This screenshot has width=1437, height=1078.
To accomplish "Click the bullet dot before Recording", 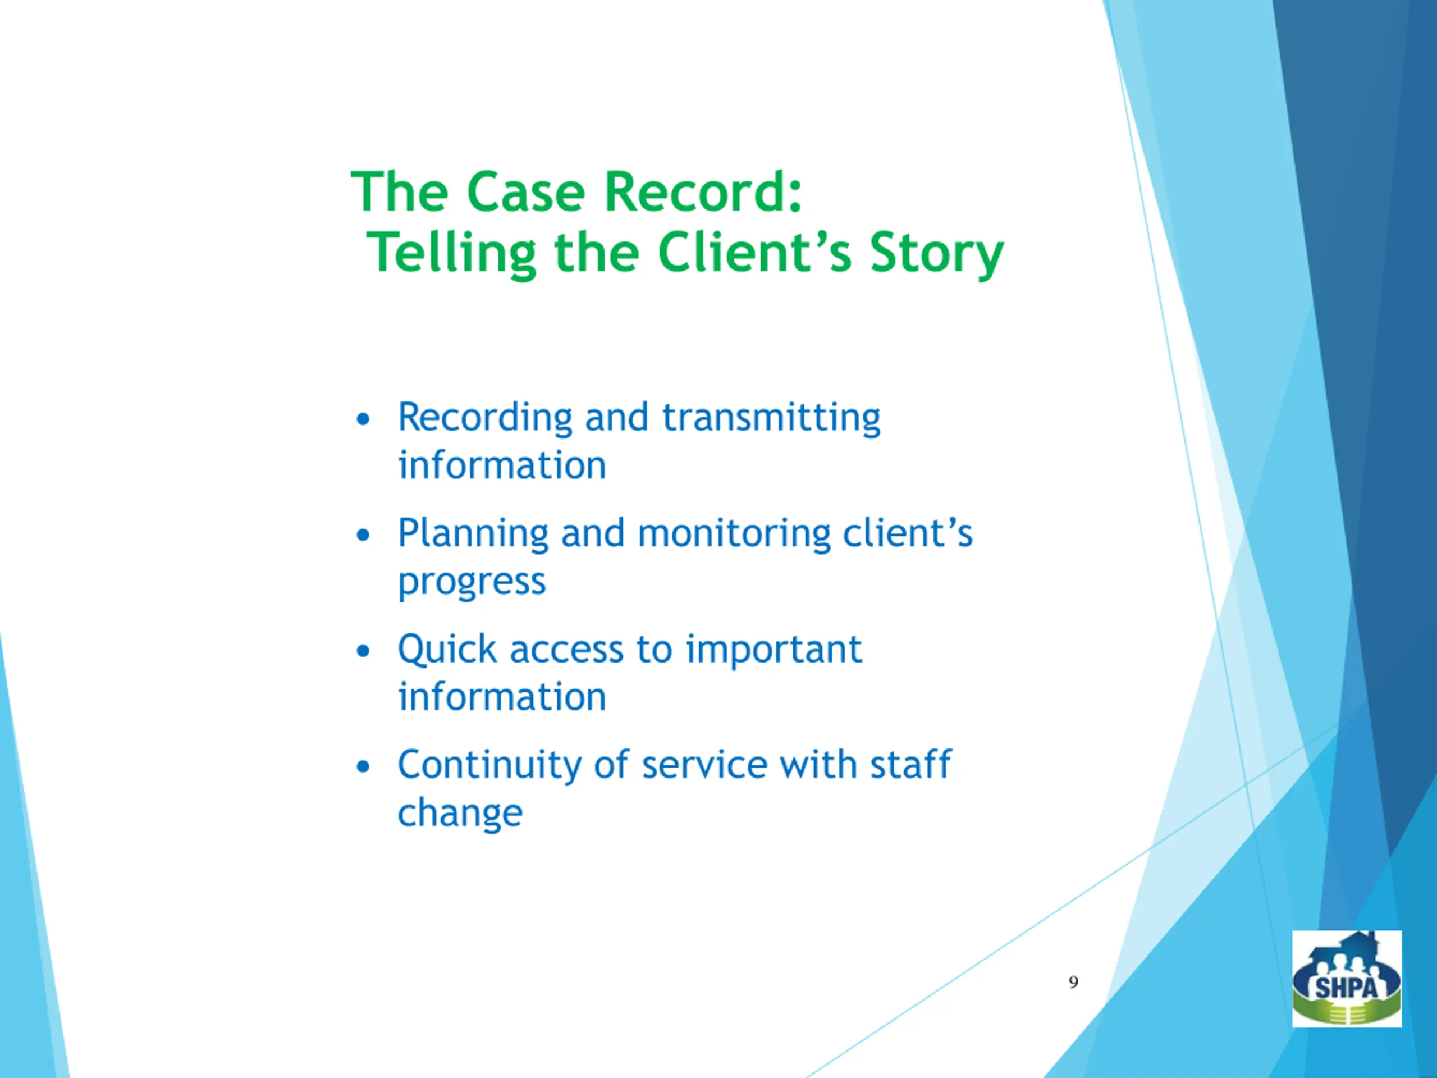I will coord(363,419).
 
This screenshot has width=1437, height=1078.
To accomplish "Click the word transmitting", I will coord(771,417).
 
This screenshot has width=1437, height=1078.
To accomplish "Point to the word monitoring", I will coord(734,533).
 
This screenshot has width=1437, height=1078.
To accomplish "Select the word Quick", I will coord(447,650).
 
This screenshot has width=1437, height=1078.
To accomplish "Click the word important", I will coord(773,650).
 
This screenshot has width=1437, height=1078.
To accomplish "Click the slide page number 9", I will coord(1073,983).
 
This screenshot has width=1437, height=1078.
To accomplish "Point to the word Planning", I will coord(473,534).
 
